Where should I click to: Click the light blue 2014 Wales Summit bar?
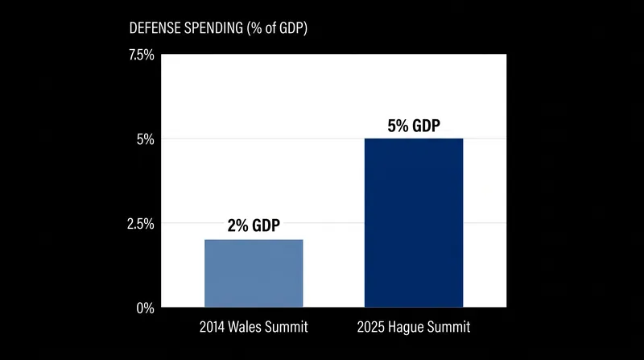click(254, 273)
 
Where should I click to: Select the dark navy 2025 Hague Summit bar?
click(414, 223)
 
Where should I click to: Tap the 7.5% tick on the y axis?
click(142, 55)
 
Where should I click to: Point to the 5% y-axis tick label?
click(146, 139)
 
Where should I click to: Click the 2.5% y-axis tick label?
click(140, 224)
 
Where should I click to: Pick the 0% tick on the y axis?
click(146, 308)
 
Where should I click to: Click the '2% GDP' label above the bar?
click(254, 226)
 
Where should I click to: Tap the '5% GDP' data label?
click(414, 126)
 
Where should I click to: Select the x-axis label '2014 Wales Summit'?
click(254, 327)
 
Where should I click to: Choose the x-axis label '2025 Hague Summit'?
click(414, 327)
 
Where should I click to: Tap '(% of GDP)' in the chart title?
click(277, 28)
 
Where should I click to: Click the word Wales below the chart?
click(245, 327)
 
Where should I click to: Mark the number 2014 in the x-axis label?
click(212, 327)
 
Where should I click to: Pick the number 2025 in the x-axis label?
click(370, 327)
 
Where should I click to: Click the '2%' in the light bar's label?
click(237, 226)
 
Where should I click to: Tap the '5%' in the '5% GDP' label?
click(398, 126)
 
